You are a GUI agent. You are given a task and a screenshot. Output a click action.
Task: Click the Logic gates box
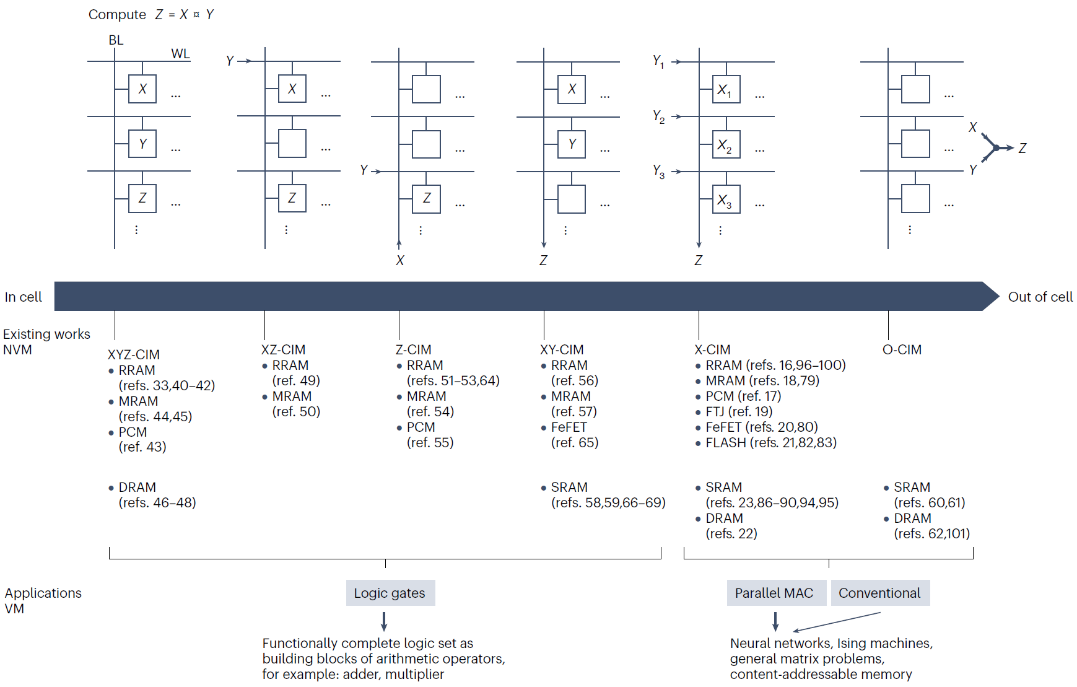(390, 593)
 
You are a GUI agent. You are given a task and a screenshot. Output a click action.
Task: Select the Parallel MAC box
(774, 593)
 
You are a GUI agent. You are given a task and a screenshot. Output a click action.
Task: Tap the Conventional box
(879, 593)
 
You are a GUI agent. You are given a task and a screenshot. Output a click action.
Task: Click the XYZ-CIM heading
(134, 354)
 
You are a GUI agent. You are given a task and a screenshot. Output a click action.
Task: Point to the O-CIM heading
(902, 349)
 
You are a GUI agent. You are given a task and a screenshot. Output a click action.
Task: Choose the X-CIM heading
(712, 349)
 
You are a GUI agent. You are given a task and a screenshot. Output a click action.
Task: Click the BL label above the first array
(116, 40)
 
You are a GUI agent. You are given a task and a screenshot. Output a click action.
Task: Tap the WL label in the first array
(180, 54)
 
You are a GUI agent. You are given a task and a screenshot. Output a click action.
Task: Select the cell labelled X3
(726, 199)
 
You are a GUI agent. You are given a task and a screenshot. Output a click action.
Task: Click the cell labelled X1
(726, 90)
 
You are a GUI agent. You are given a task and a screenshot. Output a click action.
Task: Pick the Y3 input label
(658, 171)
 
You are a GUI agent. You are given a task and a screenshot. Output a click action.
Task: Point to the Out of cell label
(1040, 297)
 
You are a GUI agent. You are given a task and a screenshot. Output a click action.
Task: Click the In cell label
(24, 297)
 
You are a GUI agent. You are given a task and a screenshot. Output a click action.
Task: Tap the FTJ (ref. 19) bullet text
(739, 411)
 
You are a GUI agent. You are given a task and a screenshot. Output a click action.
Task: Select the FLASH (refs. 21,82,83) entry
(771, 442)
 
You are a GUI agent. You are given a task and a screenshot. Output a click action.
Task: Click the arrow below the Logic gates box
(384, 621)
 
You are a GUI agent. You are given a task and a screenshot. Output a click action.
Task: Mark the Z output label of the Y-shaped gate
(1022, 148)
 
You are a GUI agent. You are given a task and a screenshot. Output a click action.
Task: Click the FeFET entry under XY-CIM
(569, 427)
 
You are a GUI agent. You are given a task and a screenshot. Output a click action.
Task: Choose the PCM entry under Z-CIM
(421, 427)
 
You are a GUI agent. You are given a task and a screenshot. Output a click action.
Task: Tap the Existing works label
(46, 334)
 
